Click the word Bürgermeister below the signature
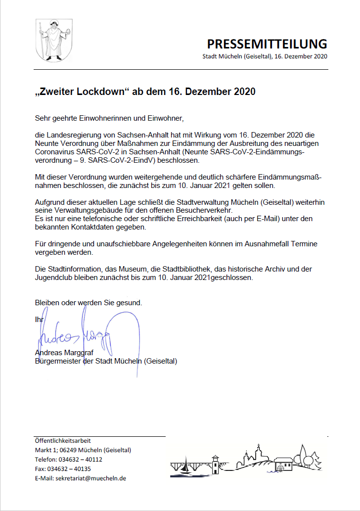pyautogui.click(x=56, y=361)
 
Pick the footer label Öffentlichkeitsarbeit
pyautogui.click(x=63, y=441)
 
